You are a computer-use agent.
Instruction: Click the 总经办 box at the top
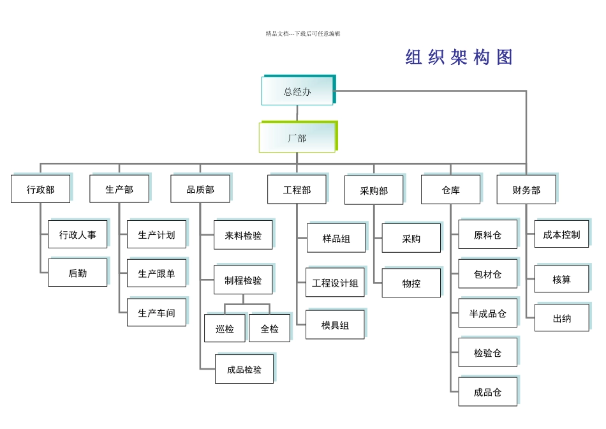pyautogui.click(x=297, y=91)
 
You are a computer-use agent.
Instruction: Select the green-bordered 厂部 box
pyautogui.click(x=297, y=138)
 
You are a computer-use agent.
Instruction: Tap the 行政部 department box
pyautogui.click(x=41, y=190)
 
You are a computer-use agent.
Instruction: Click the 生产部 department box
pyautogui.click(x=119, y=190)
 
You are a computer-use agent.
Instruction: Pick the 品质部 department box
pyautogui.click(x=200, y=190)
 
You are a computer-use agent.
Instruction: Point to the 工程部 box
pyautogui.click(x=297, y=190)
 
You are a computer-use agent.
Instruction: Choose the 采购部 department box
pyautogui.click(x=374, y=190)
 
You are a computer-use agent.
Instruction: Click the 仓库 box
pyautogui.click(x=450, y=190)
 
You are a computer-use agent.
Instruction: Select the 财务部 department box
pyautogui.click(x=526, y=190)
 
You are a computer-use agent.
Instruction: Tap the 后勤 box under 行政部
pyautogui.click(x=78, y=273)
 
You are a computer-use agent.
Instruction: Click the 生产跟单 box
pyautogui.click(x=156, y=274)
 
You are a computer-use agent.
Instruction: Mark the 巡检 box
pyautogui.click(x=225, y=329)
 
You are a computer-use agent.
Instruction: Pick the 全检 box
pyautogui.click(x=269, y=329)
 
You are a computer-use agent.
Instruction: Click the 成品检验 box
pyautogui.click(x=244, y=370)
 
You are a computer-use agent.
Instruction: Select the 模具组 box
pyautogui.click(x=335, y=325)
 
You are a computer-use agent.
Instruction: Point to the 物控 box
pyautogui.click(x=411, y=283)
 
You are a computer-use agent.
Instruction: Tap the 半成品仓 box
pyautogui.click(x=488, y=313)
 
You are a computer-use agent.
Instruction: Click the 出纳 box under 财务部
pyautogui.click(x=562, y=319)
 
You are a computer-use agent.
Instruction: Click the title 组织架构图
pyautogui.click(x=459, y=57)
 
